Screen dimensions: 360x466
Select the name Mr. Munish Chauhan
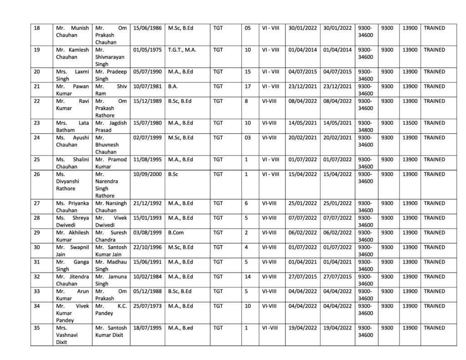(72, 31)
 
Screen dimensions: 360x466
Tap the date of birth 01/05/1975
(147, 50)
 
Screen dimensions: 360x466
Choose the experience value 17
(248, 86)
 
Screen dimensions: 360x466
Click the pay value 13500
(409, 122)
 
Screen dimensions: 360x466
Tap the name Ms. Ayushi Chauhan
(72, 141)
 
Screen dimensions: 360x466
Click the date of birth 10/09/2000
(147, 174)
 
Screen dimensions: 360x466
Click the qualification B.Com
(176, 233)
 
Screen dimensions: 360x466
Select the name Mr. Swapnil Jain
(72, 250)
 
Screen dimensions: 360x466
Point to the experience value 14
(248, 276)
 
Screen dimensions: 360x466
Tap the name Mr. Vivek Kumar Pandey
(72, 313)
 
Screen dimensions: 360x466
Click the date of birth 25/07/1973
(147, 305)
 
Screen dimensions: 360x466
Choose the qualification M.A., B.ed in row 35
(181, 327)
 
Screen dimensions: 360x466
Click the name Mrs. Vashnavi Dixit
(72, 335)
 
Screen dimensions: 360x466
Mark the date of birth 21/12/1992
(147, 203)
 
